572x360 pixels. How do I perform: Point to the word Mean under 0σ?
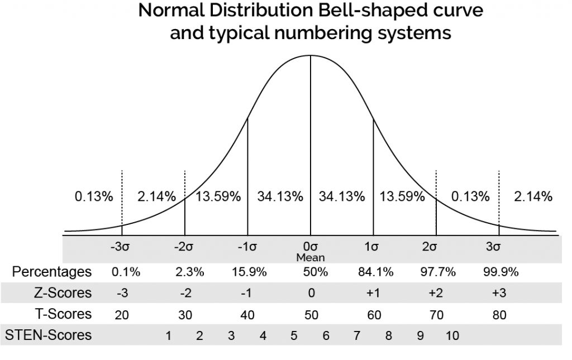(311, 258)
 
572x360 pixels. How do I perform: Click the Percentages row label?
(51, 272)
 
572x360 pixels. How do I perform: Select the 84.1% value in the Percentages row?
(375, 273)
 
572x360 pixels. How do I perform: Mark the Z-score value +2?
(436, 294)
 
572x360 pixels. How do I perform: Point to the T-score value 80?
(499, 315)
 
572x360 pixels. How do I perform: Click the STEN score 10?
(452, 336)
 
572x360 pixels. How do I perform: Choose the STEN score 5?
(294, 336)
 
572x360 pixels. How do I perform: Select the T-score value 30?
(185, 315)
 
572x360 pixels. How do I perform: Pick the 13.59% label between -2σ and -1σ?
(218, 196)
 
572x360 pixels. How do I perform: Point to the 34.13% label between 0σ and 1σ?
(342, 196)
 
